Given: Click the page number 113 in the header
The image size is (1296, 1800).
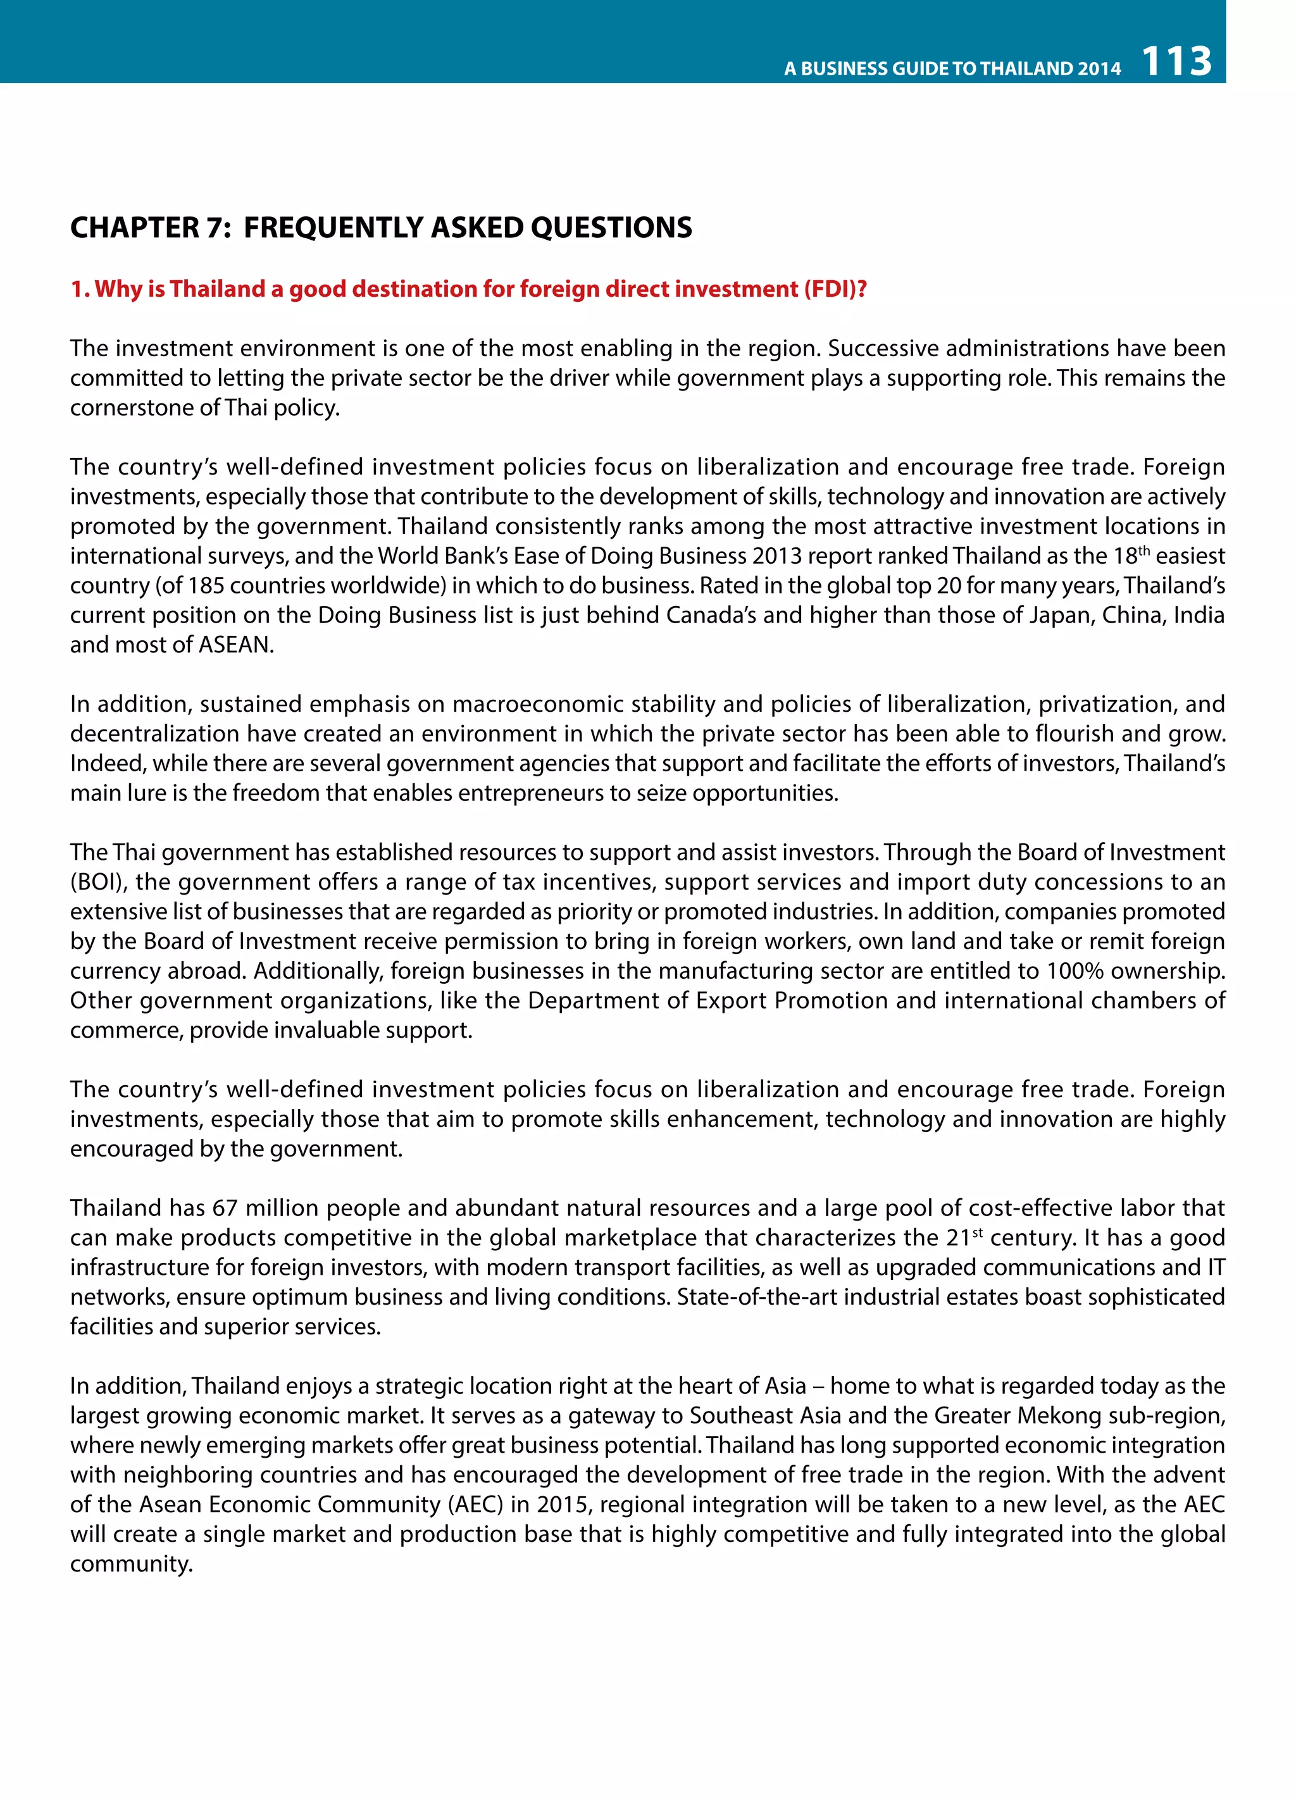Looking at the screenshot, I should tap(1176, 61).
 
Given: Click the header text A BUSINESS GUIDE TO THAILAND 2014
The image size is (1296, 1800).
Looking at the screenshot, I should tap(952, 68).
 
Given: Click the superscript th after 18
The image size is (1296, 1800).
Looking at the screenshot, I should tap(1143, 549).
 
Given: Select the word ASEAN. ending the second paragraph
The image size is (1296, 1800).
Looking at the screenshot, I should tap(235, 645).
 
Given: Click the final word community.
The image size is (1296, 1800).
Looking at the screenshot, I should tap(131, 1564).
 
